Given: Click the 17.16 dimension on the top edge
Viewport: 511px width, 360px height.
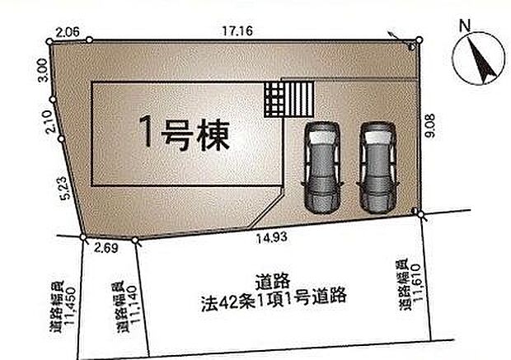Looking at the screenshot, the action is pos(237,30).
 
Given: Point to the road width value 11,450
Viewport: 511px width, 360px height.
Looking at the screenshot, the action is pos(63,311).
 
